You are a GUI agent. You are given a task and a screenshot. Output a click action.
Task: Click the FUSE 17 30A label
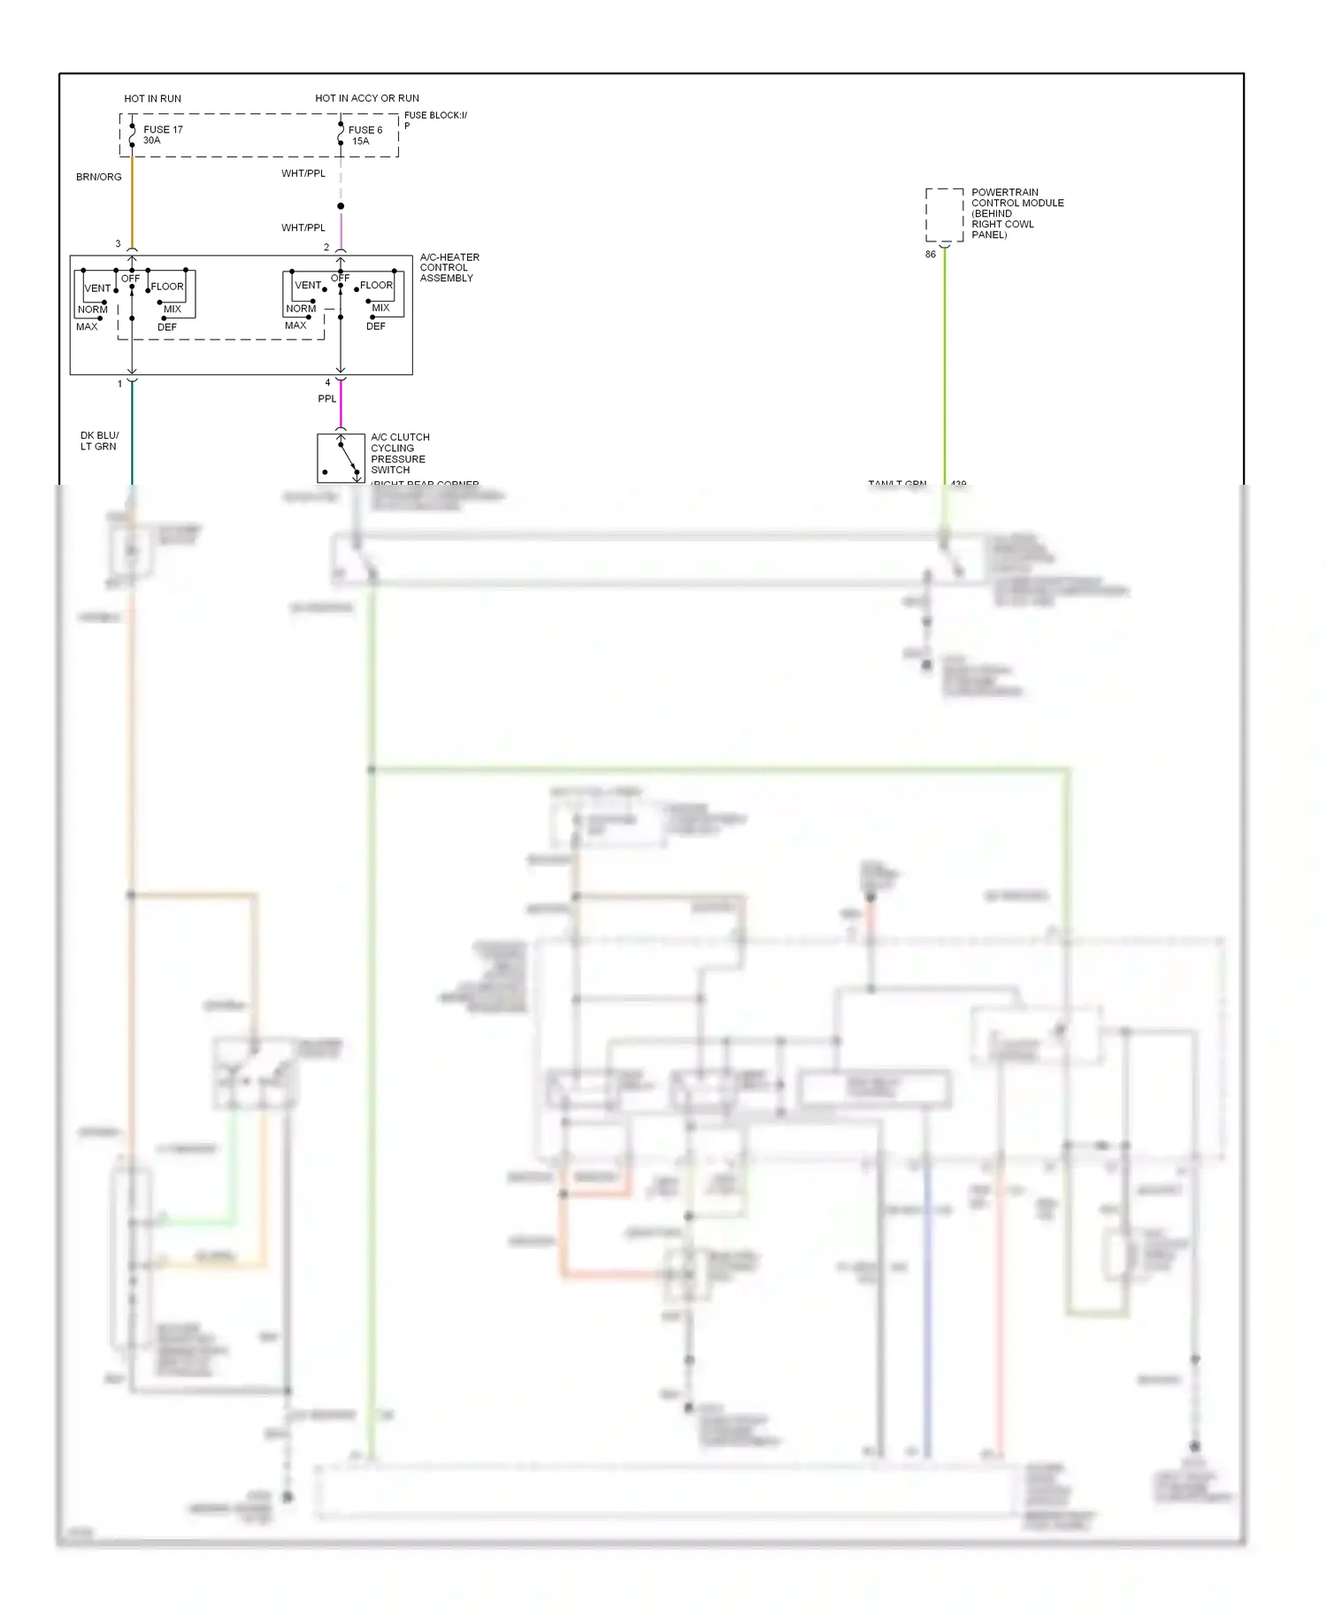[x=162, y=134]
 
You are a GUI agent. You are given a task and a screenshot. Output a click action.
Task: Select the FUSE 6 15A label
[x=364, y=135]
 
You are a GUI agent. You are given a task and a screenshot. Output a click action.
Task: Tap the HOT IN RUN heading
[x=152, y=98]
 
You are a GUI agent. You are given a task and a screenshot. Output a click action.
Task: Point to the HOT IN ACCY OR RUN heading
[x=367, y=98]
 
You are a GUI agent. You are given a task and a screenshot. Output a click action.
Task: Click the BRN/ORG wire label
[x=98, y=177]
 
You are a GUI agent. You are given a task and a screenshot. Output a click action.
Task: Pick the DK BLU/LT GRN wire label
[x=99, y=441]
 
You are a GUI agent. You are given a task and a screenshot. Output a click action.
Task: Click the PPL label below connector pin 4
[x=327, y=399]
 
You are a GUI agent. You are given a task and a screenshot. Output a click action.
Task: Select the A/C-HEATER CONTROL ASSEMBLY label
[x=449, y=267]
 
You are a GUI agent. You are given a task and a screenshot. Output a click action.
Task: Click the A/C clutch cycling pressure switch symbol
[x=341, y=457]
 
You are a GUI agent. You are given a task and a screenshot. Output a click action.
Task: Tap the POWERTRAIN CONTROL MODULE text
[x=1016, y=213]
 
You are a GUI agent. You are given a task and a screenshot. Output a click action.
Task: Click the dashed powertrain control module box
[x=944, y=214]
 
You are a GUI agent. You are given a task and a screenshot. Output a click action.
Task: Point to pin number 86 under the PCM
[x=930, y=254]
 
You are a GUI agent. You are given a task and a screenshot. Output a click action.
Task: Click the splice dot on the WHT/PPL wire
[x=341, y=206]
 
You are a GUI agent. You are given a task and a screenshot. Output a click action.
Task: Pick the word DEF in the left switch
[x=166, y=327]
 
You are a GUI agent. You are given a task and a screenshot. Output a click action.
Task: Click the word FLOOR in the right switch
[x=376, y=285]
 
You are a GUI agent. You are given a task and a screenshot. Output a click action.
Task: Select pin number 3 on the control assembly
[x=118, y=243]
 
